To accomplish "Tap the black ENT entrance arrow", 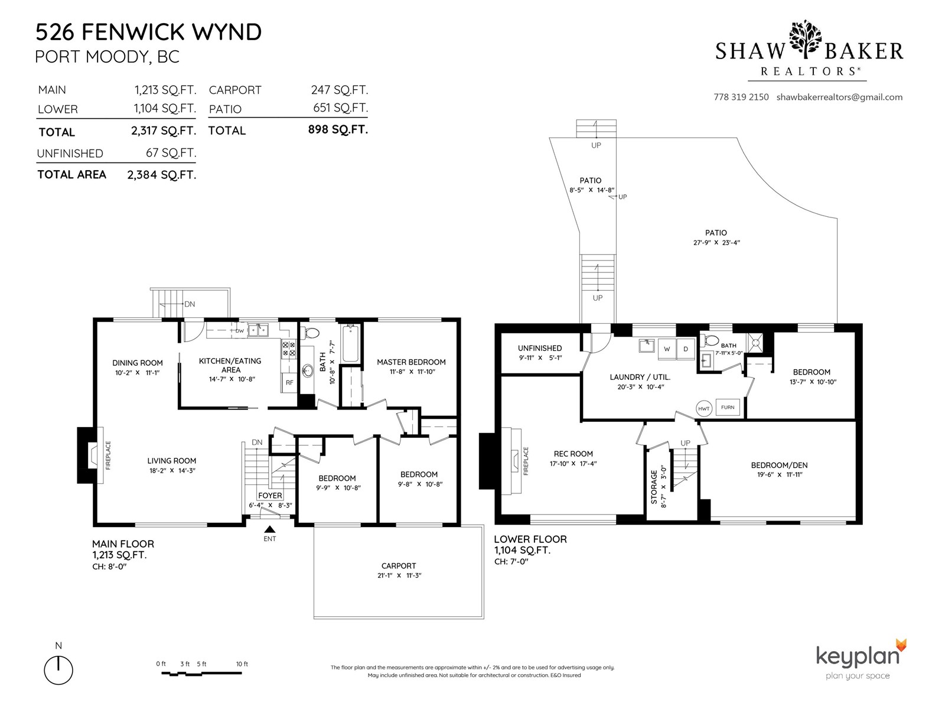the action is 270,529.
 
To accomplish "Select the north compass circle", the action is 58,670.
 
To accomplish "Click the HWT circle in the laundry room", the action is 704,408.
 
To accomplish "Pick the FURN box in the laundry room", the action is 728,407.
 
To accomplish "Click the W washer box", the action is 667,349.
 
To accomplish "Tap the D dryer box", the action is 686,349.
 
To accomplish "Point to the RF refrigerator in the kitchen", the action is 289,382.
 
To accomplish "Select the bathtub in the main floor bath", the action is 350,343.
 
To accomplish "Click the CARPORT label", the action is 399,565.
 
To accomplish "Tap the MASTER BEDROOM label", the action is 411,362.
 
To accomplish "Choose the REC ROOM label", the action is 573,454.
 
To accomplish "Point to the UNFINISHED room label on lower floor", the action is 540,348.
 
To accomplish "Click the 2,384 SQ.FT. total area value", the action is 161,175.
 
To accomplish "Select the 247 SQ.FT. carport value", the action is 339,90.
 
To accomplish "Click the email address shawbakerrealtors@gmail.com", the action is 839,97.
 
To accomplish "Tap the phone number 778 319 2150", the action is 741,97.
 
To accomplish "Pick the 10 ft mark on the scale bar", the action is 242,664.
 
